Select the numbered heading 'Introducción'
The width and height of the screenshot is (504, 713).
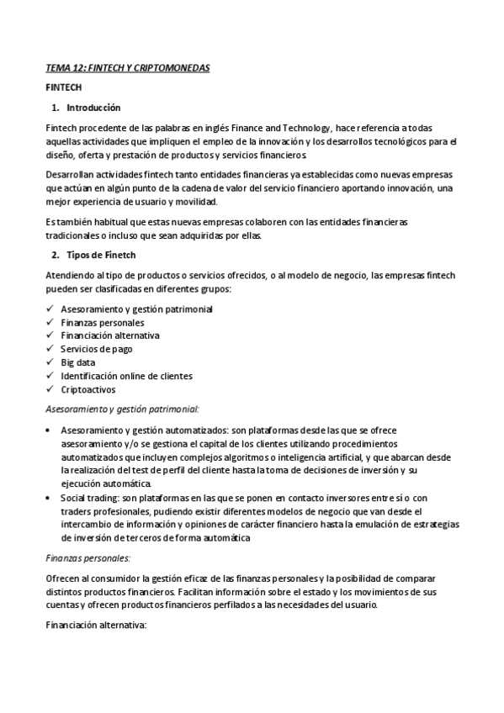(x=93, y=108)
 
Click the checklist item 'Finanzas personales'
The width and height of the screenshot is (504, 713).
(x=102, y=322)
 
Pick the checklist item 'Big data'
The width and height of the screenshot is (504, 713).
(x=78, y=362)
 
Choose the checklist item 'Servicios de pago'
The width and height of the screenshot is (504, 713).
(x=96, y=349)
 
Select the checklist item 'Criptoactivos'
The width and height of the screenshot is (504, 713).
(x=88, y=389)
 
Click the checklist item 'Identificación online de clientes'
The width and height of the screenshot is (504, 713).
(x=126, y=376)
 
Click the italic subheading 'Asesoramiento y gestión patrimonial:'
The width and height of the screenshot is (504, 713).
(x=122, y=409)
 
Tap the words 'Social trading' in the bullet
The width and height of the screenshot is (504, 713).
(x=88, y=497)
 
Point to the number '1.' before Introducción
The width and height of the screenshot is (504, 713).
(x=56, y=108)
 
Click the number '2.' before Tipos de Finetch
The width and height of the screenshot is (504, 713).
(x=56, y=255)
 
